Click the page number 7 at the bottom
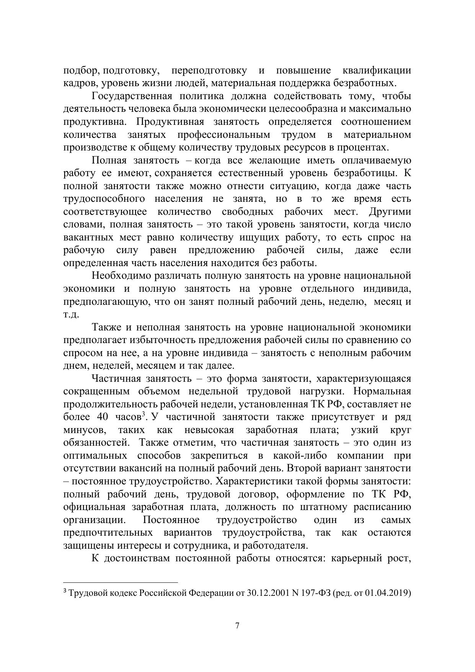click(237, 626)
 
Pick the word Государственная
click(132, 96)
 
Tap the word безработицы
click(366, 173)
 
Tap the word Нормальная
click(382, 391)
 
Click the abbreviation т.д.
click(71, 315)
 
